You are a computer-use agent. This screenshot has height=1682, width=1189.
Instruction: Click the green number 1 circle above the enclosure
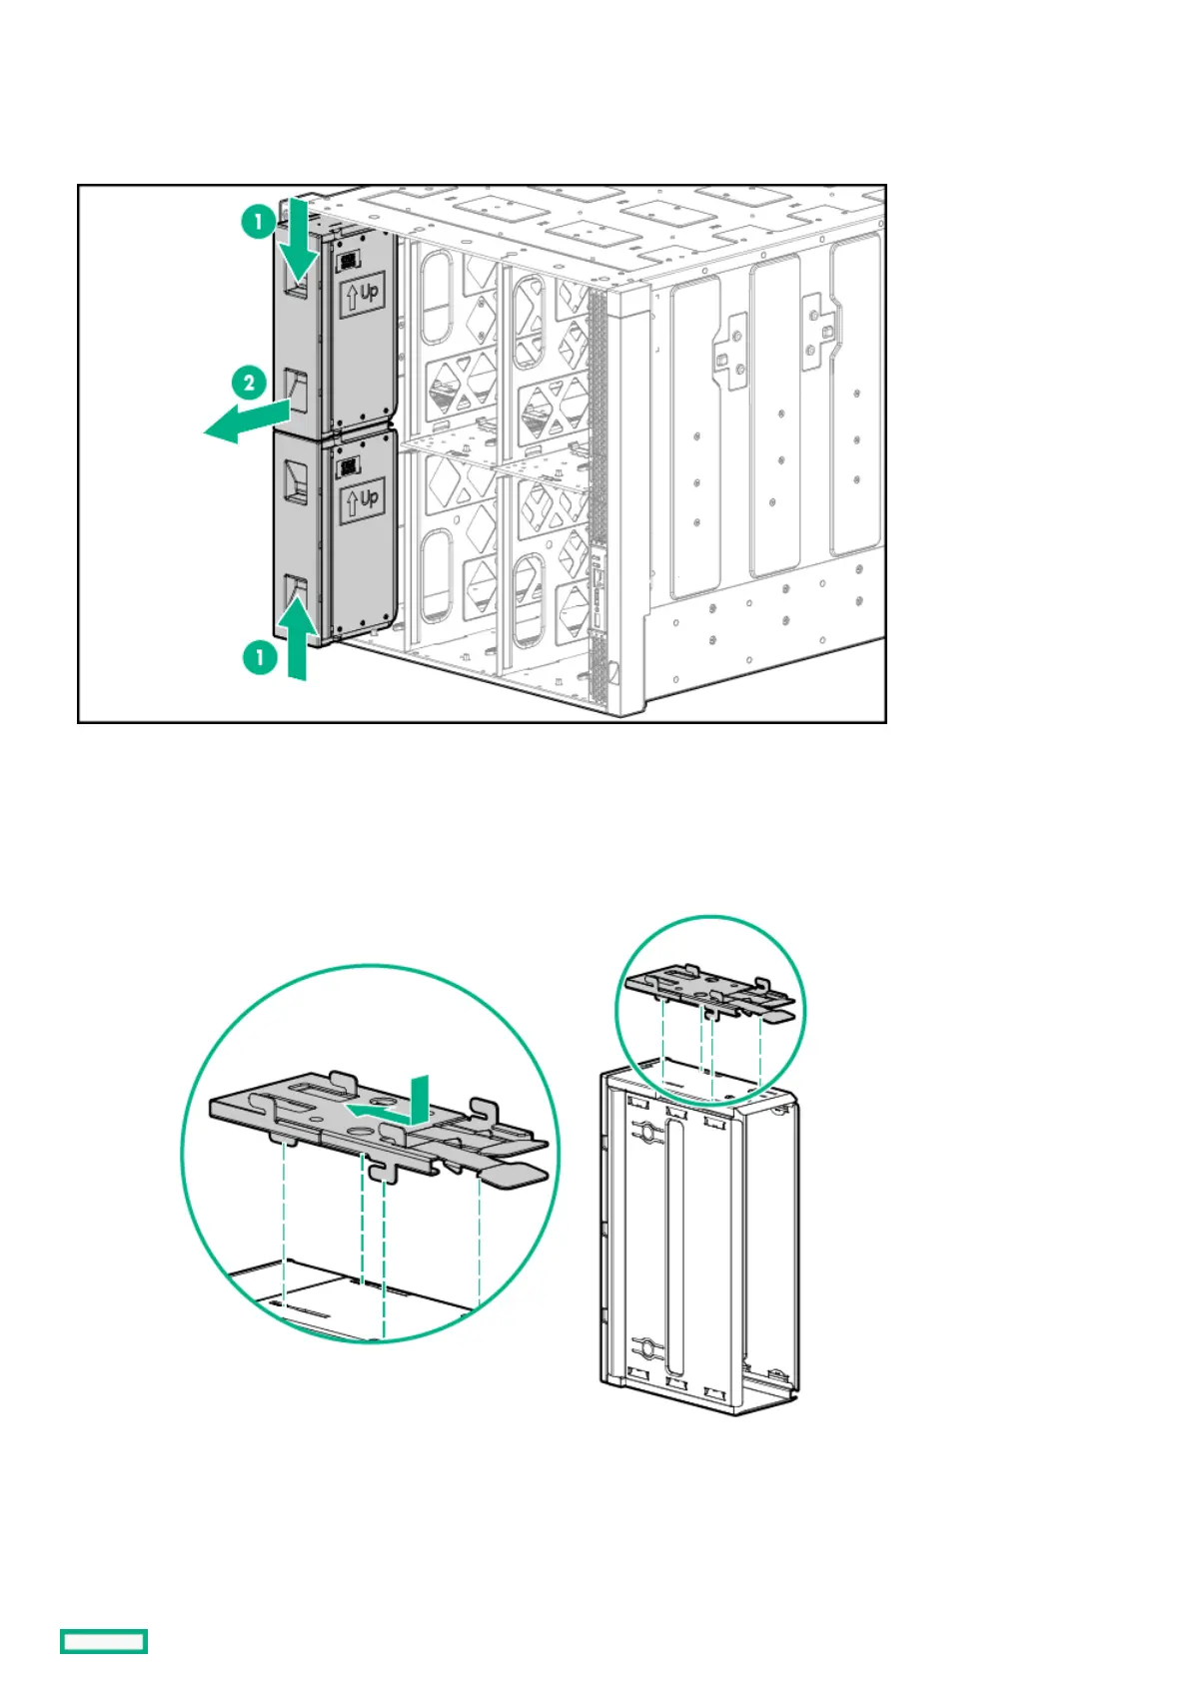click(x=259, y=221)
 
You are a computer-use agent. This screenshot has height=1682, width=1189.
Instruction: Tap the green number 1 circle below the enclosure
click(x=260, y=656)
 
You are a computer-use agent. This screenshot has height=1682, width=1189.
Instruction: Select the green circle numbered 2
click(x=249, y=382)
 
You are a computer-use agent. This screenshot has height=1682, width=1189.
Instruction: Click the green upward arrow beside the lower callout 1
click(x=297, y=639)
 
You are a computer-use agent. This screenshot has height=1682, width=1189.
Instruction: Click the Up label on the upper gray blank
click(x=363, y=294)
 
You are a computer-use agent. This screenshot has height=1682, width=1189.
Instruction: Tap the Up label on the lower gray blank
click(x=362, y=499)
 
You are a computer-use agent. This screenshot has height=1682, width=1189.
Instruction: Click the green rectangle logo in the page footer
click(x=104, y=1640)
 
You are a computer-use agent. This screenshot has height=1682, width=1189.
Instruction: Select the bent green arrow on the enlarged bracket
click(x=395, y=1103)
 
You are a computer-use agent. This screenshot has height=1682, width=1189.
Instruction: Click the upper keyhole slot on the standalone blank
click(x=647, y=1133)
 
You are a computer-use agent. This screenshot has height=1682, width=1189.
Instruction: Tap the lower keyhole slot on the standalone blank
click(x=647, y=1349)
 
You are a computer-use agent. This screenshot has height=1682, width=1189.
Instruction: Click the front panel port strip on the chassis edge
click(x=597, y=589)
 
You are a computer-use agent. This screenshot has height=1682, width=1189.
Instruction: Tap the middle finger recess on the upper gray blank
click(x=297, y=386)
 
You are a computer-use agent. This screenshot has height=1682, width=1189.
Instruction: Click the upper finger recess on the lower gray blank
click(x=298, y=479)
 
